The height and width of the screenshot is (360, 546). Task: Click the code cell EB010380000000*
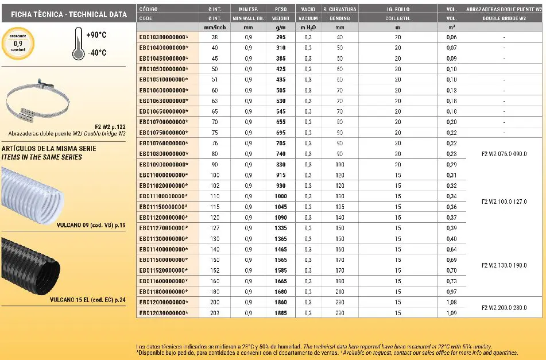tap(164, 37)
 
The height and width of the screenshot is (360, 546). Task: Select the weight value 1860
tap(280, 302)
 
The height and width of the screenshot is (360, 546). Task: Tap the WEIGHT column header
tap(280, 18)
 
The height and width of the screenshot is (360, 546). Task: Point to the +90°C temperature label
tap(96, 35)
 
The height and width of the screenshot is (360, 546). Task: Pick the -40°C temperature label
tap(96, 53)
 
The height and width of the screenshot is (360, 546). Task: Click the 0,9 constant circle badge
tap(18, 43)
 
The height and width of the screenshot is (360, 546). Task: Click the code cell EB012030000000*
tap(164, 313)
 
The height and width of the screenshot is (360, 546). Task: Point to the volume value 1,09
tap(451, 313)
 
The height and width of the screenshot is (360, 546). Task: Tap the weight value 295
tap(280, 37)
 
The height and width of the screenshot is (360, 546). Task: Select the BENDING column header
tap(339, 18)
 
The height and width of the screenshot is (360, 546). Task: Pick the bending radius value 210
tap(339, 291)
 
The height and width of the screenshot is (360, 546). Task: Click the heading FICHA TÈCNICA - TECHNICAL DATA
tap(69, 14)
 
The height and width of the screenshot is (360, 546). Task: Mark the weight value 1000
tap(280, 196)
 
